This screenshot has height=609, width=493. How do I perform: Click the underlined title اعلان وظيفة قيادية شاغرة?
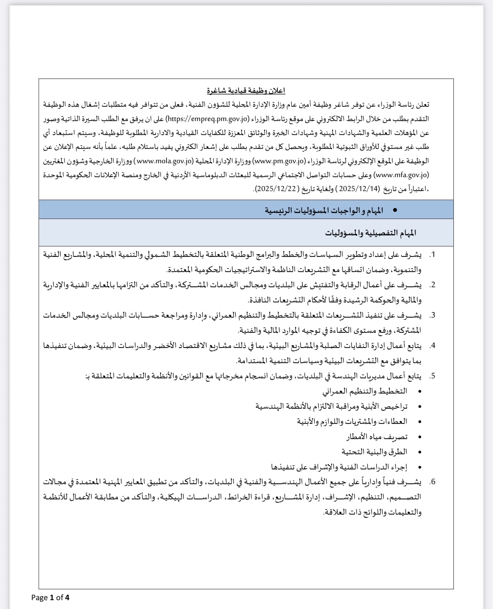coord(246,91)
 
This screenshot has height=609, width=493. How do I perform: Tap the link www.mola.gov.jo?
coord(165,161)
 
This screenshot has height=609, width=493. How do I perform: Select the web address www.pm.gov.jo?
coord(279,161)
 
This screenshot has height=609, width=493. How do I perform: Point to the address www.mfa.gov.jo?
coord(402,175)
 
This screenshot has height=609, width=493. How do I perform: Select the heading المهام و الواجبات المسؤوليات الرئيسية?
coord(324,210)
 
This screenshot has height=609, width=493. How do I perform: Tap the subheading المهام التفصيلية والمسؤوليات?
coord(370,233)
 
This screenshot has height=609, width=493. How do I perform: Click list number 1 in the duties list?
coord(432,255)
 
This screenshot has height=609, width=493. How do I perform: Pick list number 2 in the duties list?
coord(432,285)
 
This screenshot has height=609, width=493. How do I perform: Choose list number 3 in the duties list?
coord(432,315)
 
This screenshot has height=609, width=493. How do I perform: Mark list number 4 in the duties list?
coord(432,346)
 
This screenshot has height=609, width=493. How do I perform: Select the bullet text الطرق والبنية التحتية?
coord(374,452)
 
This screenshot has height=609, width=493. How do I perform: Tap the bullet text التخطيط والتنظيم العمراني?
coord(365,391)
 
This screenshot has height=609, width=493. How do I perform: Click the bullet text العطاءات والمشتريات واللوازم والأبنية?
coord(352,421)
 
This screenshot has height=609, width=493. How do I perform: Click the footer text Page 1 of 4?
coord(50,597)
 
